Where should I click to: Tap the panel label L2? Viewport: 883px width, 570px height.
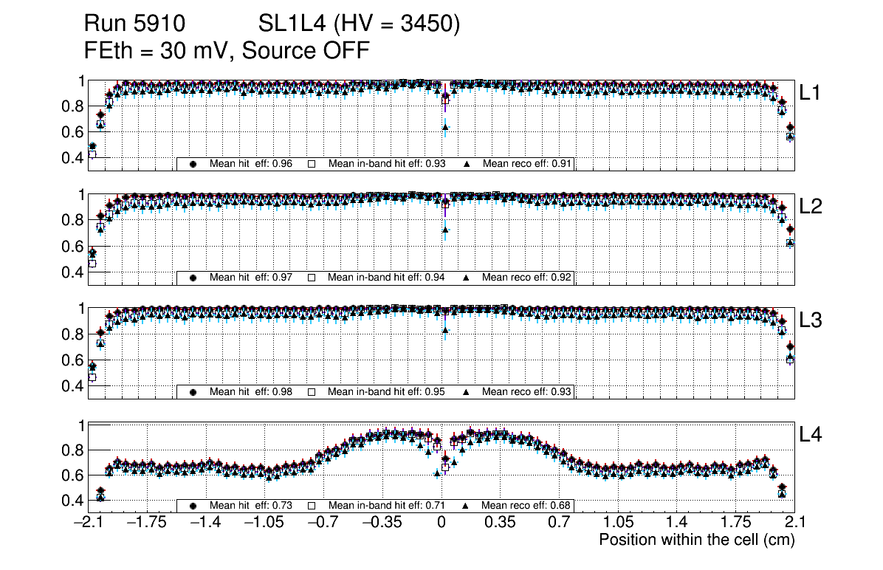coord(811,207)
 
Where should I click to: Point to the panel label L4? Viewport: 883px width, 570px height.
coord(811,435)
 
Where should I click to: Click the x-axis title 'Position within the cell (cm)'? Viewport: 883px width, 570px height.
coord(696,540)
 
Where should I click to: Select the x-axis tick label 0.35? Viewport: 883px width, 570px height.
coord(500,523)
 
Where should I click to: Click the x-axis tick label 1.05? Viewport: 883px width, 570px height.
coord(618,523)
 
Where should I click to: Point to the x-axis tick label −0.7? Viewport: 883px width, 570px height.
coord(323,523)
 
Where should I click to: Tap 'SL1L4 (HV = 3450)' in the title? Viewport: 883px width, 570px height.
coord(360,25)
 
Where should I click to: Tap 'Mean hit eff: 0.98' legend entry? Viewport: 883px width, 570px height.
coord(251,391)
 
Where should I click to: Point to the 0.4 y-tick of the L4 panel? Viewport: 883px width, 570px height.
coord(72,501)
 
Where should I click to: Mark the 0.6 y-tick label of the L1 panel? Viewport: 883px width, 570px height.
coord(72,132)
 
